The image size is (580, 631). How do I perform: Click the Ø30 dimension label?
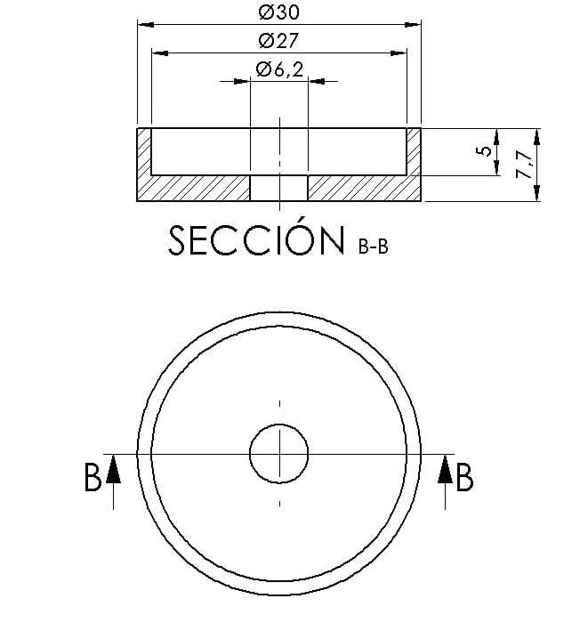(278, 12)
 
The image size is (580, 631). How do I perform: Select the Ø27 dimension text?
(278, 40)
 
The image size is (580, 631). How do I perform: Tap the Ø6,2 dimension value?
(279, 69)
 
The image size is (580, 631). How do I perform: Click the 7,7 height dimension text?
(525, 164)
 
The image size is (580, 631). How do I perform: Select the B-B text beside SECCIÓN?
(374, 246)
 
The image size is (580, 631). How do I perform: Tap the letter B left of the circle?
(93, 478)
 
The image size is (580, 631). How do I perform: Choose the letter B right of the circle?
(464, 478)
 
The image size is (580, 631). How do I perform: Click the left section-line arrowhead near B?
(114, 469)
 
